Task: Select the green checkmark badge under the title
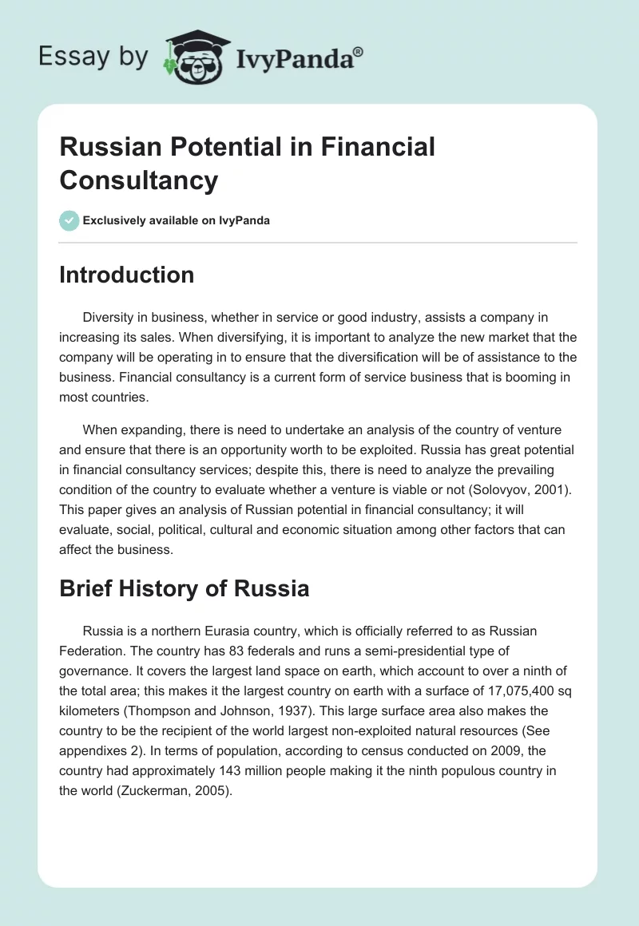pyautogui.click(x=69, y=220)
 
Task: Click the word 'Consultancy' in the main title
pyautogui.click(x=138, y=180)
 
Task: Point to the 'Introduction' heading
pyautogui.click(x=126, y=275)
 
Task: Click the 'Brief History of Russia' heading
pyautogui.click(x=184, y=589)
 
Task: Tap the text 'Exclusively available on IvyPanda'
pyautogui.click(x=176, y=220)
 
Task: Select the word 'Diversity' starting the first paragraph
pyautogui.click(x=110, y=318)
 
